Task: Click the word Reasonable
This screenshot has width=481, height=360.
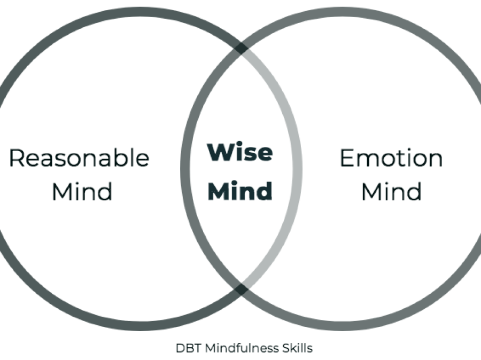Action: tap(79, 158)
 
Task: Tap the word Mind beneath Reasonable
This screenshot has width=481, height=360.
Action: tap(82, 191)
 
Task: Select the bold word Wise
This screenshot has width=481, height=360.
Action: tap(240, 153)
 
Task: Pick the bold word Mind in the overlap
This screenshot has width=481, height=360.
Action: tap(240, 191)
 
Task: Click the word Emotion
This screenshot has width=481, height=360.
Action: tap(391, 158)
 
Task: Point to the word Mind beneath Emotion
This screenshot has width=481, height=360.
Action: tap(391, 191)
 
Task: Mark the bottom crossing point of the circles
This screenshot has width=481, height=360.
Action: tap(242, 289)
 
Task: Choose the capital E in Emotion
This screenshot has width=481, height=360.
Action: tap(346, 158)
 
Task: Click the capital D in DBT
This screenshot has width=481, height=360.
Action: tap(179, 348)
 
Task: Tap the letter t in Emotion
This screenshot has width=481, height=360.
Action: tap(404, 158)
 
